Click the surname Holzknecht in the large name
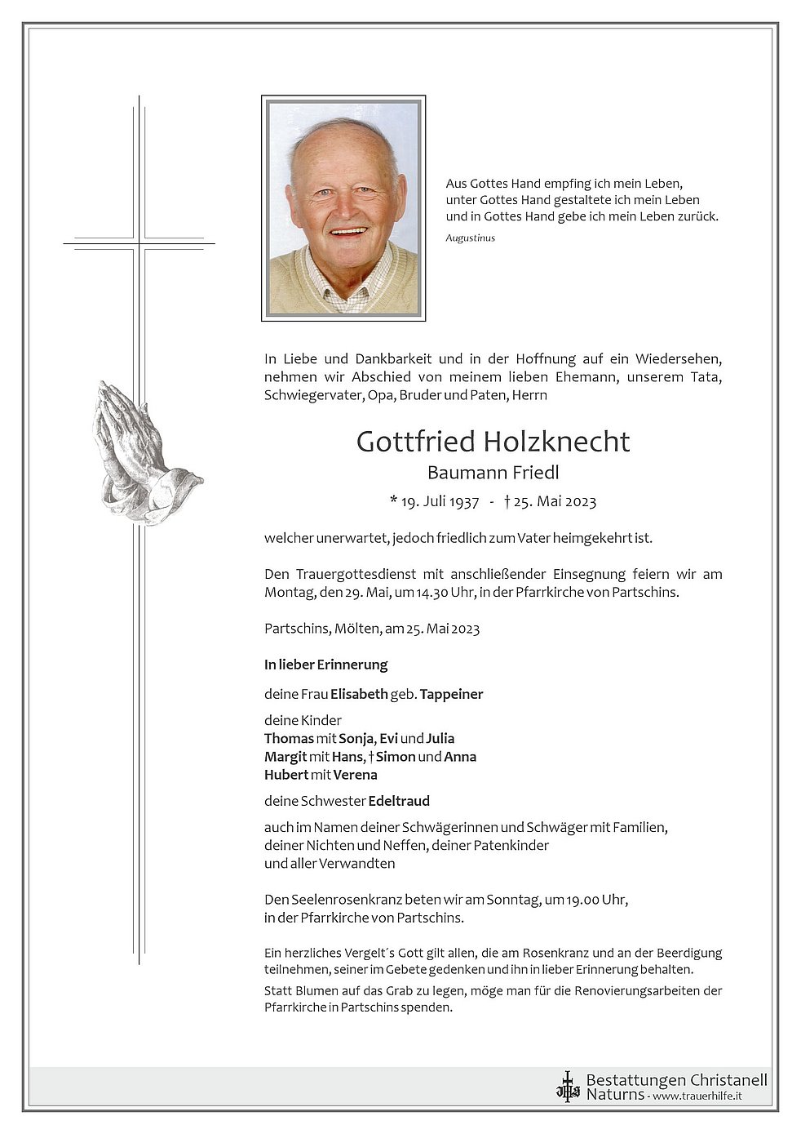[x=556, y=442]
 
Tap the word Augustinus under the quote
[x=470, y=238]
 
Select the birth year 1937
[x=462, y=501]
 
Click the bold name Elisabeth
[x=359, y=694]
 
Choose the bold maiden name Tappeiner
[x=451, y=694]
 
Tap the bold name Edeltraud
[x=398, y=801]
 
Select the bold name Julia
[x=440, y=738]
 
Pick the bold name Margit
[x=285, y=757]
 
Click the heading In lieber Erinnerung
[x=325, y=665]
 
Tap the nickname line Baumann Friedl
[x=493, y=473]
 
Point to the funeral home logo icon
[x=567, y=1087]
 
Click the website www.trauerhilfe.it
[x=697, y=1096]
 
